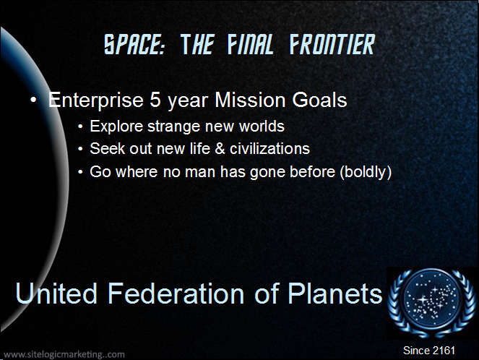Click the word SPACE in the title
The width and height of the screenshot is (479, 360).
134,44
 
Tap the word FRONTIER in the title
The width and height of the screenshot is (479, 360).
332,44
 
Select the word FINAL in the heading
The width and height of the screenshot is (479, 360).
250,44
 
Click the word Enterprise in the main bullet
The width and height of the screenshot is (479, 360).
96,100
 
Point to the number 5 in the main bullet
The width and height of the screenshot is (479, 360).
155,100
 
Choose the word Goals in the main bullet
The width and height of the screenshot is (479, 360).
319,100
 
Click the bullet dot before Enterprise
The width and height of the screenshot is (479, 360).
33,100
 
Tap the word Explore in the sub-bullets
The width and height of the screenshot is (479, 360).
116,127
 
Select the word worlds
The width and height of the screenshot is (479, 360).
262,127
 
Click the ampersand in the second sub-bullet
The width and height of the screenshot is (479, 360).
220,149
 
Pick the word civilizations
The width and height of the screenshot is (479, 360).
269,148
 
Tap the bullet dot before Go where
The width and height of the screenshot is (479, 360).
80,172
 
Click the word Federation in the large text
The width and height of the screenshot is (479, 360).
176,293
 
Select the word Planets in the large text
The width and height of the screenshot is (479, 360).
335,293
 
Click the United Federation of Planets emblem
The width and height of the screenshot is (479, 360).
431,303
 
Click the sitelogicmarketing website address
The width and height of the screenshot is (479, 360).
64,354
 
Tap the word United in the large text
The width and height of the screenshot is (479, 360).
56,293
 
